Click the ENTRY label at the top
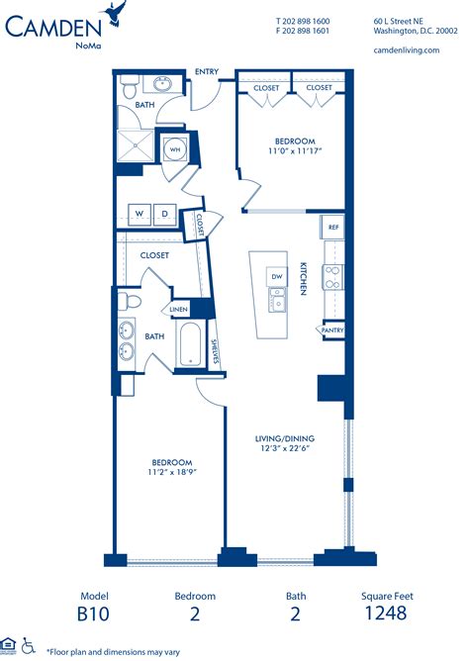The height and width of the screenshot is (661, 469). click(x=207, y=71)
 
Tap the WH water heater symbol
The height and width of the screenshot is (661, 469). click(x=174, y=149)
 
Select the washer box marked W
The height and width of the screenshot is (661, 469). click(x=139, y=213)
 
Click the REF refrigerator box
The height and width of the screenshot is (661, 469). click(x=333, y=227)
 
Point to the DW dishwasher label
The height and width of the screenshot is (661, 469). click(x=278, y=276)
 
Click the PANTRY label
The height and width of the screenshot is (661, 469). click(x=332, y=330)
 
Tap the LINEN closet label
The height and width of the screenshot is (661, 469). click(x=178, y=310)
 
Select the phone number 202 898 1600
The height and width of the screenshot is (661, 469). click(x=307, y=20)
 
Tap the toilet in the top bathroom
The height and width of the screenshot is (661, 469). click(x=129, y=90)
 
